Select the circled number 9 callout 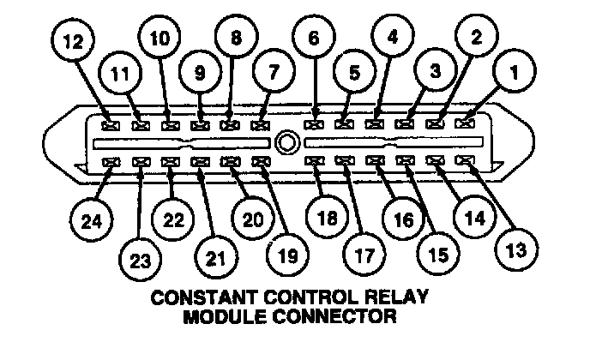[x=199, y=73]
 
